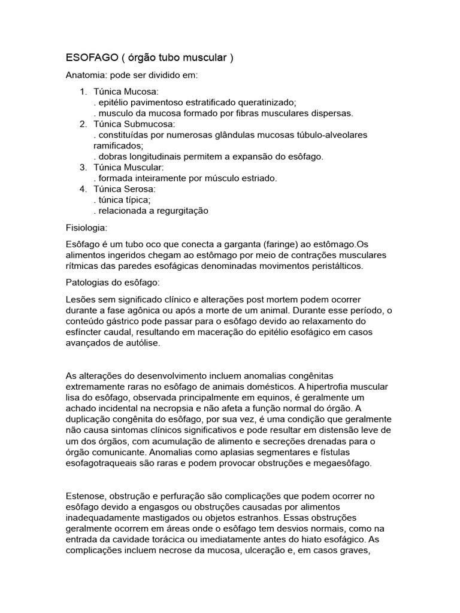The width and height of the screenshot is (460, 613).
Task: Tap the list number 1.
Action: (83, 92)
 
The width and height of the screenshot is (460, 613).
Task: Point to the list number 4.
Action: (83, 189)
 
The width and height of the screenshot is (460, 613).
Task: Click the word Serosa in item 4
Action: (139, 189)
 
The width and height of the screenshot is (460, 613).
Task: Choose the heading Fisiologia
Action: (86, 228)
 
